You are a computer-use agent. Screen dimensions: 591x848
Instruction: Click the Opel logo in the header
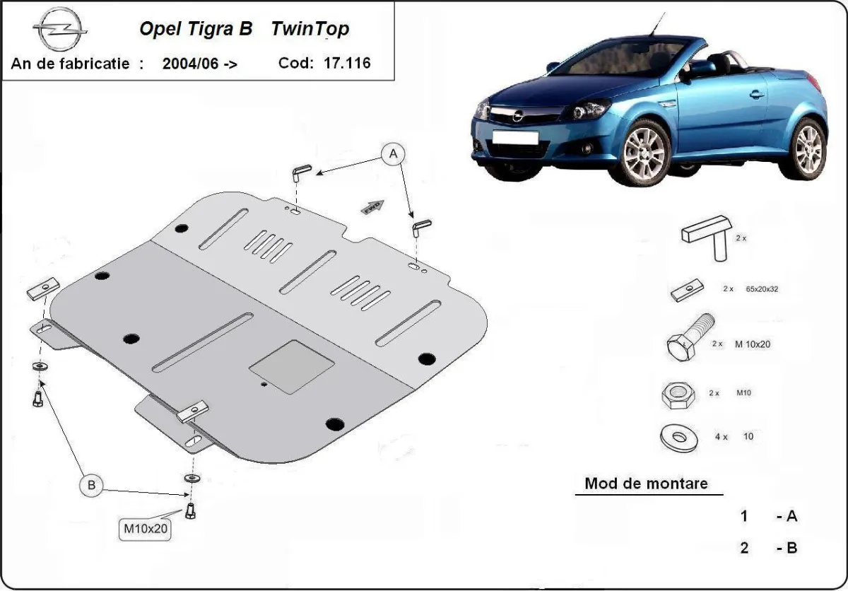(59, 32)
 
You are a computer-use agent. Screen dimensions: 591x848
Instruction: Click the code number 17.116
(347, 62)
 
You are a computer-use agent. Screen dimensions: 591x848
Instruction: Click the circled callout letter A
(393, 153)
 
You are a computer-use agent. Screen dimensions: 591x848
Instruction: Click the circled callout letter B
(91, 485)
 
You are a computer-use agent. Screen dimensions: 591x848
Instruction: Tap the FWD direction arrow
(372, 206)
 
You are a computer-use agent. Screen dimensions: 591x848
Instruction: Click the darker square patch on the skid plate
(292, 366)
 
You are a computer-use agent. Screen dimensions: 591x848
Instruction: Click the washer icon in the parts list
(678, 436)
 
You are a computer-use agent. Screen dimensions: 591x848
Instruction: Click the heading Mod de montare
(645, 484)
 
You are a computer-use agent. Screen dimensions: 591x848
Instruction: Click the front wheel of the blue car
(644, 152)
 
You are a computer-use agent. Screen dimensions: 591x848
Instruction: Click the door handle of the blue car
(757, 94)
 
